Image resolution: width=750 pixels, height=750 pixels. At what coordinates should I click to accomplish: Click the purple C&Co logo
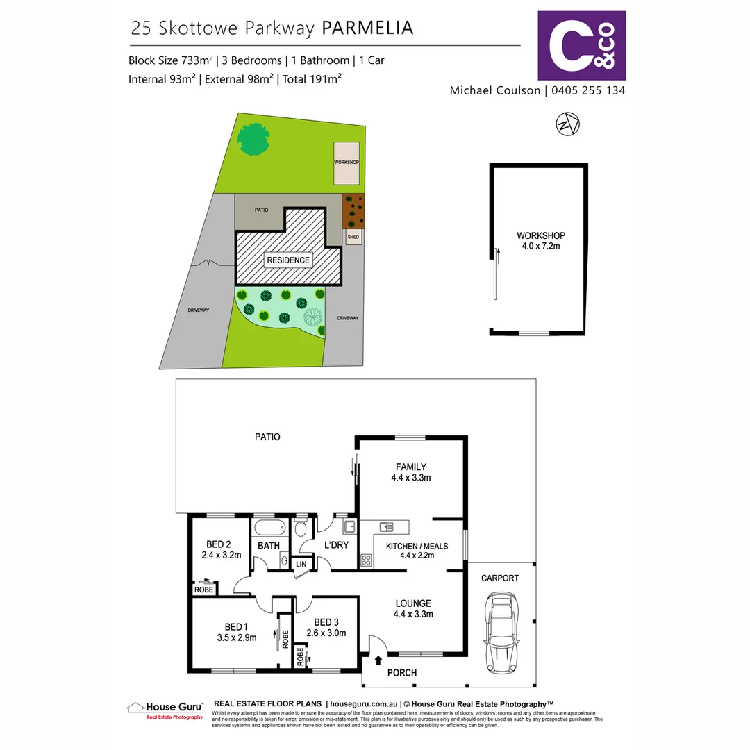[582, 45]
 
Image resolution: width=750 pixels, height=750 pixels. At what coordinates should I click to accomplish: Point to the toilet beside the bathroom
[301, 529]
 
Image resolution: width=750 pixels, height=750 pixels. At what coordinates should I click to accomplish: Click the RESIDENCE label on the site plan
[288, 260]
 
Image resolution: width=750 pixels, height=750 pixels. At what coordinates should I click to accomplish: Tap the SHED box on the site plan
[353, 237]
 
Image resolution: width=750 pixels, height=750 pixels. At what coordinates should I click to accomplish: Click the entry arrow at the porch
[379, 660]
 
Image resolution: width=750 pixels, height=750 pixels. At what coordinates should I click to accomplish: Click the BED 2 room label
[219, 544]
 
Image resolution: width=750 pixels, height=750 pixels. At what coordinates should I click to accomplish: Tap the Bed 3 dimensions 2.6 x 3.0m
[326, 633]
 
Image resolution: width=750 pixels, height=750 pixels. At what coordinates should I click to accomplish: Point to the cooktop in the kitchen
[366, 558]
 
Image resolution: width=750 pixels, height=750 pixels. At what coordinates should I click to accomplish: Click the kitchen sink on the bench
[385, 526]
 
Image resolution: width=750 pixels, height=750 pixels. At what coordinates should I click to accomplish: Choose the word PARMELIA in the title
[367, 28]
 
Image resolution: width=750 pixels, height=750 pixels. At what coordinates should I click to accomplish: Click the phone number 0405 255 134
[589, 90]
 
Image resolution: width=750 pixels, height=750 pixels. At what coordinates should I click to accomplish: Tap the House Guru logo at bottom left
[165, 710]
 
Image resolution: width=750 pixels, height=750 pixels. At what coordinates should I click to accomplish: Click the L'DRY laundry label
[336, 545]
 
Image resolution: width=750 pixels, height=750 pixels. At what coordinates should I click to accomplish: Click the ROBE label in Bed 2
[204, 590]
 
